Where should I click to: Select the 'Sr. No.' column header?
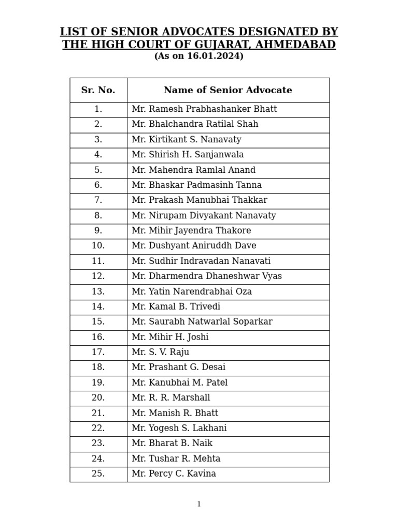[98, 90]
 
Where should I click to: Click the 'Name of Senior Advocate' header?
[228, 90]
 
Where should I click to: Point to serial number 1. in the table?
[98, 109]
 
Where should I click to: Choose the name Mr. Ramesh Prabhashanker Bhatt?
[204, 109]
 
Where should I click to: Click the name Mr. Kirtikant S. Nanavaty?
[187, 140]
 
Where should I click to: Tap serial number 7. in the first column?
[98, 200]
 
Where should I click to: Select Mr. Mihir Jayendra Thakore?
[191, 231]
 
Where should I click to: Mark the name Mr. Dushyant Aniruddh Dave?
[194, 246]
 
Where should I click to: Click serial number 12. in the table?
[98, 276]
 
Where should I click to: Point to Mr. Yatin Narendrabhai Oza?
[192, 291]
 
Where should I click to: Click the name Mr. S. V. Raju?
[161, 352]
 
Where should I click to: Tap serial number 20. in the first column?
[98, 398]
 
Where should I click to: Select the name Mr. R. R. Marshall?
[171, 398]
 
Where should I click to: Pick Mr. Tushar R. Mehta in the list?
[176, 459]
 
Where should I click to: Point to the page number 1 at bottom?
[199, 504]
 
